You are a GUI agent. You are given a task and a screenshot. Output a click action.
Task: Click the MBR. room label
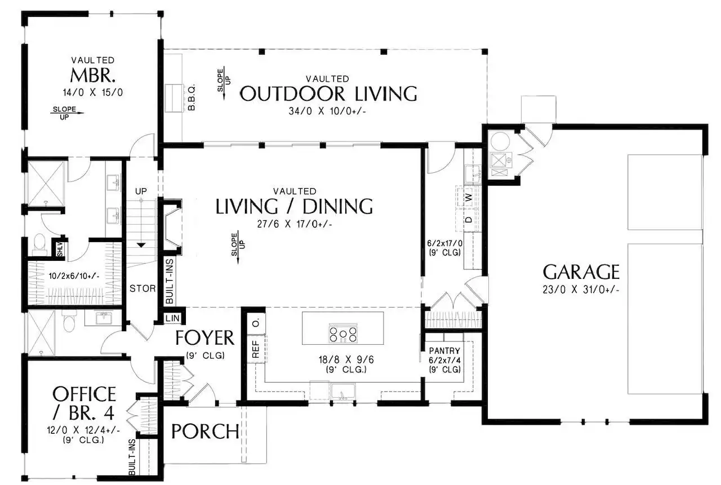93,75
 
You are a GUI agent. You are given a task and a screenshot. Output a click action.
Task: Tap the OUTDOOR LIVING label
328,94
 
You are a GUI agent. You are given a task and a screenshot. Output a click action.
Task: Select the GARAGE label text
581,272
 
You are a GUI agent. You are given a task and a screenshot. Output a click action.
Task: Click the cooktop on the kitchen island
343,333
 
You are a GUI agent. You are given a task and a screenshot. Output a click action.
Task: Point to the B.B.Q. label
192,97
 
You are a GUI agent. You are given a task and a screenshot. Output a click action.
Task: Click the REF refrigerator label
256,349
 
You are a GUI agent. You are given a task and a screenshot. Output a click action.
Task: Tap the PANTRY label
444,350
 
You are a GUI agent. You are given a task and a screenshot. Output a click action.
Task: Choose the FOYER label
204,338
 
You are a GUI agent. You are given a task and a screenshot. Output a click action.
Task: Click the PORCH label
205,431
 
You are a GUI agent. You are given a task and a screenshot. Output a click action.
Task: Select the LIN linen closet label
172,318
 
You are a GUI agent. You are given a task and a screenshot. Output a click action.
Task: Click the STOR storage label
143,288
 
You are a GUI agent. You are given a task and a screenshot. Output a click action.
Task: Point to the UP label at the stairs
141,191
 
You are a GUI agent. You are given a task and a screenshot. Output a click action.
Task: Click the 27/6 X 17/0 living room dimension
295,224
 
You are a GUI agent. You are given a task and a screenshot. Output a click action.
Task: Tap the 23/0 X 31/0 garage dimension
581,290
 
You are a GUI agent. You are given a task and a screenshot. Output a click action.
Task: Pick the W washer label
469,197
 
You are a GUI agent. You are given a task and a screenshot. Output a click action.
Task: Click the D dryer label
469,220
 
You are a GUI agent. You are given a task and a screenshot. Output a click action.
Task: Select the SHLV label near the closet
60,250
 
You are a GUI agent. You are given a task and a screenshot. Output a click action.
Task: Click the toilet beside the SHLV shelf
39,245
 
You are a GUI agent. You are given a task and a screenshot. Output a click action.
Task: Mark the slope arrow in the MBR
67,113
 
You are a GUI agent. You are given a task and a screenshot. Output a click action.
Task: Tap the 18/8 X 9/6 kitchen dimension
346,359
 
